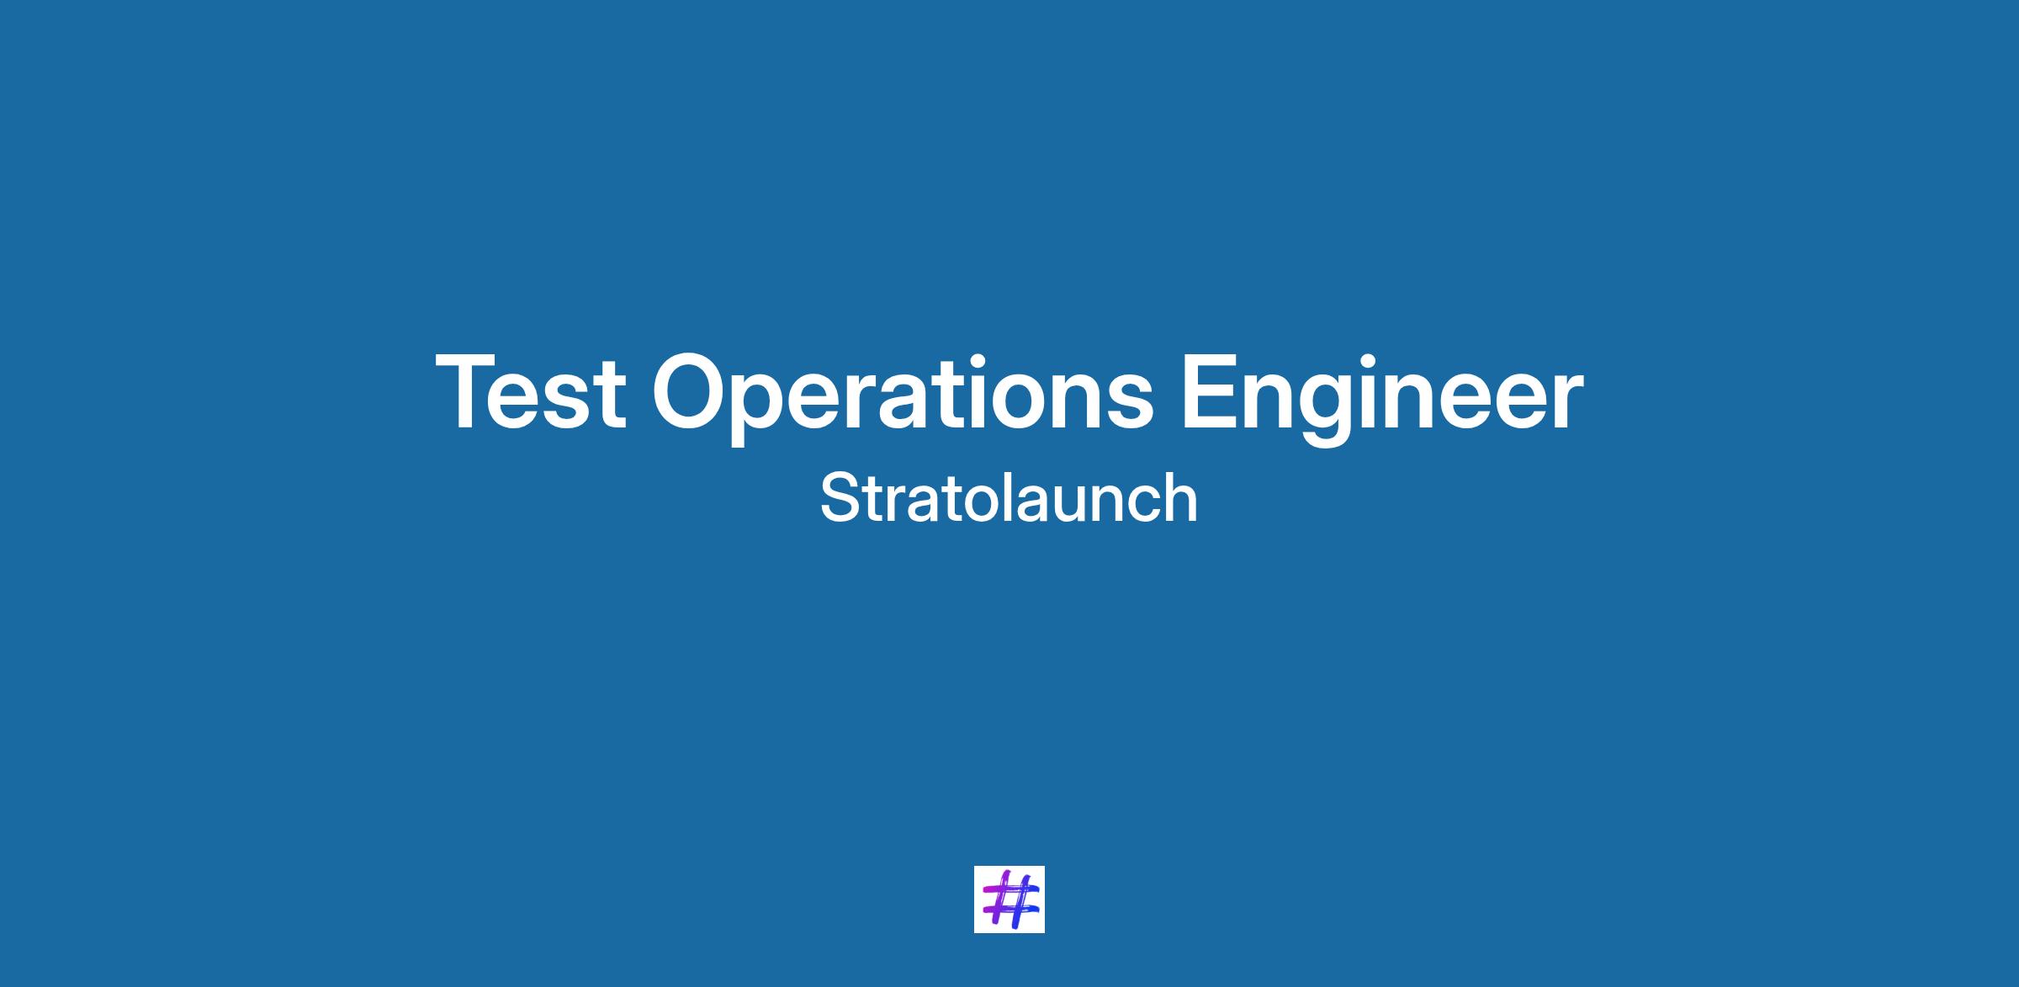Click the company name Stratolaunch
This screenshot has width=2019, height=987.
(x=1009, y=498)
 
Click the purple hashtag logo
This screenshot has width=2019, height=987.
(x=1010, y=899)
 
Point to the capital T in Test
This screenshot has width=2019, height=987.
(x=471, y=392)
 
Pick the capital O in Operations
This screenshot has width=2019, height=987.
(x=692, y=392)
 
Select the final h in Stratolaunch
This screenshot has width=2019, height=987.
(x=1181, y=497)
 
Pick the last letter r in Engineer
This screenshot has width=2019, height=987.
(x=1567, y=401)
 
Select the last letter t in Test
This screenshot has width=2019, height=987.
(x=611, y=395)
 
